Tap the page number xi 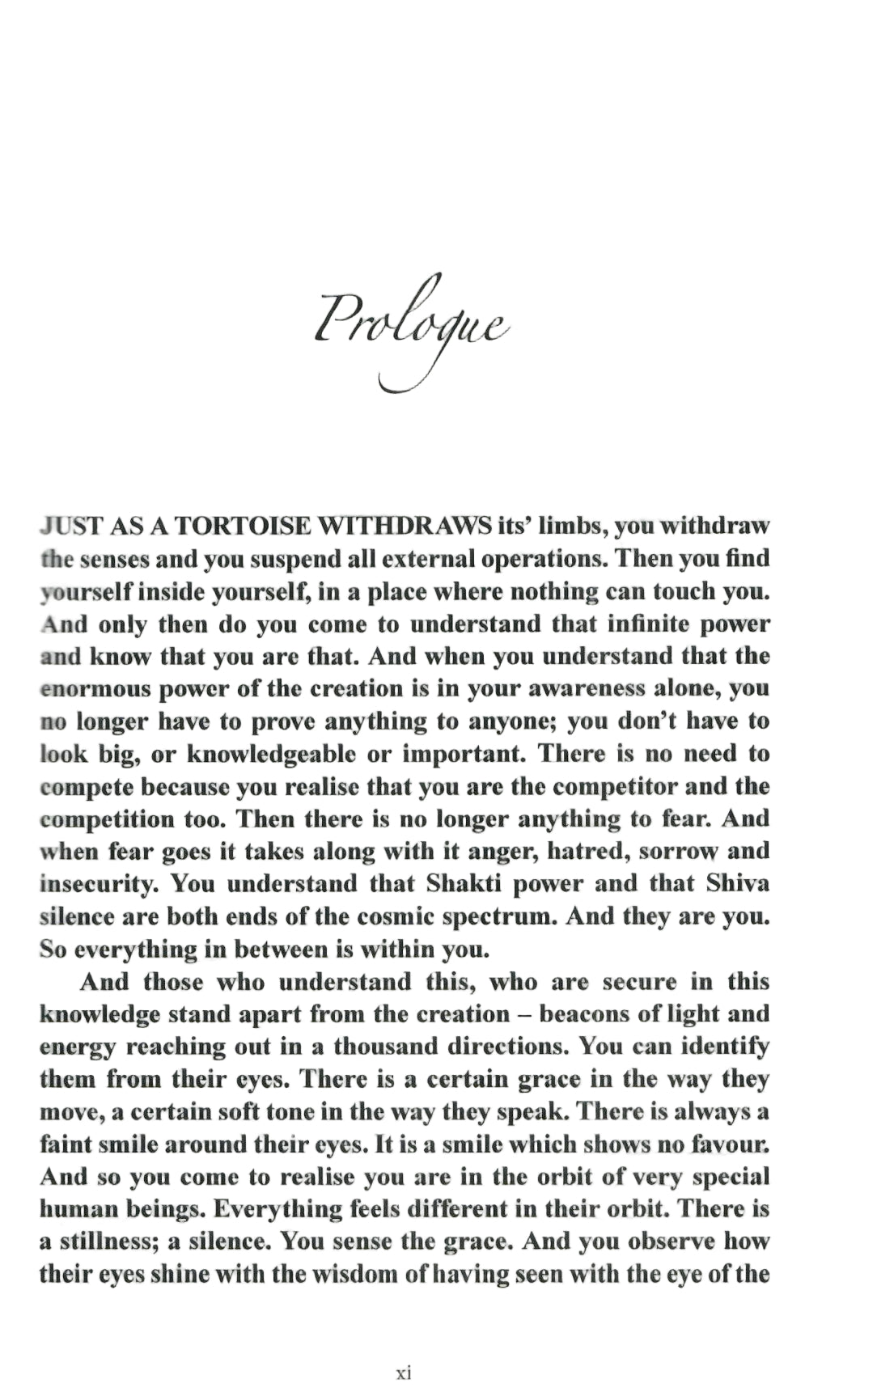click(x=405, y=1373)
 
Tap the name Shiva click(x=737, y=884)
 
